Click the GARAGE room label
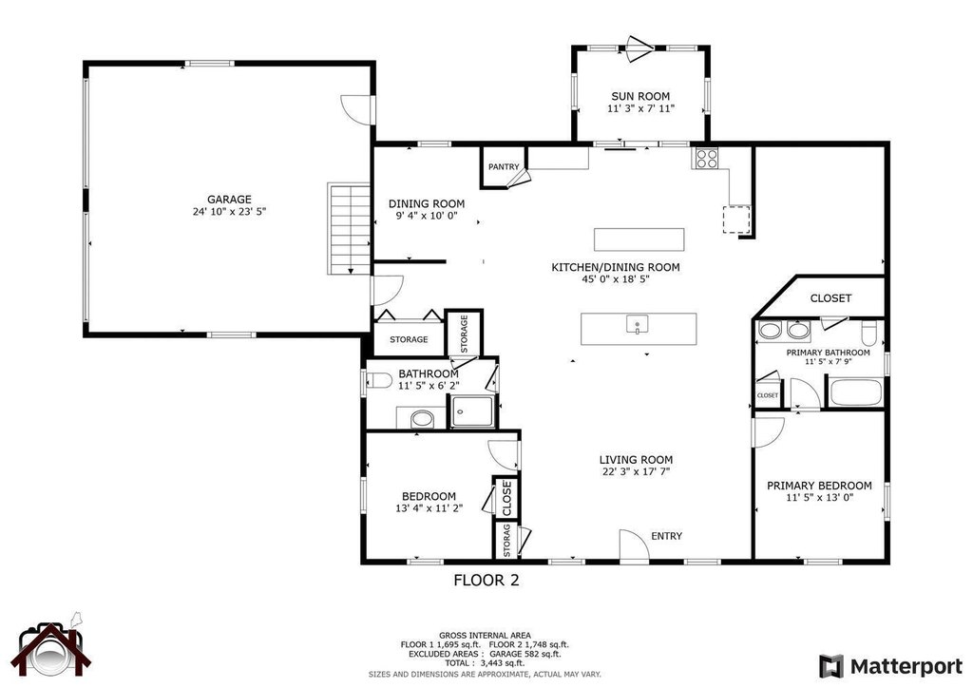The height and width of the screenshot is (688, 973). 230,200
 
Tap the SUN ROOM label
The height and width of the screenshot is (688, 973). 640,96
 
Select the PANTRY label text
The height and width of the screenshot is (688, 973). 504,167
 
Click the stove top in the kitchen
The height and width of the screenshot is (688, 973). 705,159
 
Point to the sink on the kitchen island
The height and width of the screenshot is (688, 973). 636,326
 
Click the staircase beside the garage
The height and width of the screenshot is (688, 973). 348,228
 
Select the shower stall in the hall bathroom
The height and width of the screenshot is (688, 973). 471,411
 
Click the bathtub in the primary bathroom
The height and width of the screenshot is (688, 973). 854,392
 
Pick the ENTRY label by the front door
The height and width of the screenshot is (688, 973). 666,536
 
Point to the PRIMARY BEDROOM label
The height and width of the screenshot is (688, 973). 819,485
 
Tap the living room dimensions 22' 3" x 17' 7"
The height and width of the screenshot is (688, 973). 637,472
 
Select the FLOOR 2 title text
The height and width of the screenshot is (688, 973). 486,580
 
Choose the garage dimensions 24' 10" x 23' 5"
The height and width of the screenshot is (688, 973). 230,213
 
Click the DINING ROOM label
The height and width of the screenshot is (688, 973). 427,203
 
